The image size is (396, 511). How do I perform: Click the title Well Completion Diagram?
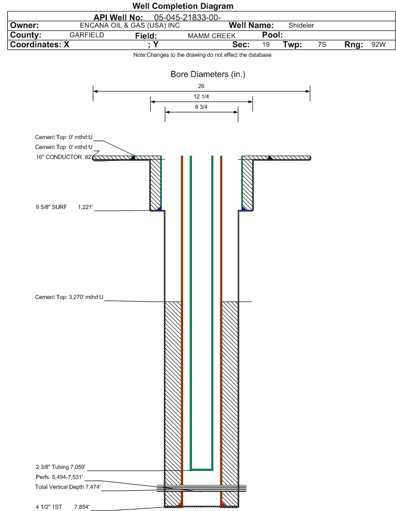pos(183,6)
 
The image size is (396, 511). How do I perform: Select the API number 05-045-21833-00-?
pos(187,18)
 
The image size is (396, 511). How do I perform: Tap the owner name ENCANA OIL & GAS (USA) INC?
pos(130,26)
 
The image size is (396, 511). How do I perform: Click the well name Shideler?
pos(302,26)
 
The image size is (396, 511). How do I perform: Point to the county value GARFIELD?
pos(87,35)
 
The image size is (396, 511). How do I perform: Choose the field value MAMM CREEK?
pos(211,36)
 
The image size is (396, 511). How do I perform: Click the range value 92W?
pos(378,44)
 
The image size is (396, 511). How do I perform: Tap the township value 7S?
pos(322,44)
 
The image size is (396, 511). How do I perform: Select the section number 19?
pos(266,44)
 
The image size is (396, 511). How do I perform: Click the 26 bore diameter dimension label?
pos(201,86)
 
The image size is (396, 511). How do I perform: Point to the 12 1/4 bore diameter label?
pos(201,96)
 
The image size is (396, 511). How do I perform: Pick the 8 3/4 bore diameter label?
pos(201,107)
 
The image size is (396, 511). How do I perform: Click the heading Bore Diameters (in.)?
pos(208,74)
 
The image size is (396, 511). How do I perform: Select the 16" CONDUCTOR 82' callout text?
pos(64,157)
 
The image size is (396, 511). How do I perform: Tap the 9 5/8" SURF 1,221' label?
pos(64,207)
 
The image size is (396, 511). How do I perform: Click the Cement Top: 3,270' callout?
pos(69,297)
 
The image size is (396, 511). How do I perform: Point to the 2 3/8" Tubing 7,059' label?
pos(61,467)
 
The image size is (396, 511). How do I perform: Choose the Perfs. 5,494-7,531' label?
pos(59,477)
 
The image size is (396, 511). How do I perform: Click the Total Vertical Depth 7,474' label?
pos(68,487)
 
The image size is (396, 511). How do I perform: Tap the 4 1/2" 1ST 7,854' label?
pos(63,507)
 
